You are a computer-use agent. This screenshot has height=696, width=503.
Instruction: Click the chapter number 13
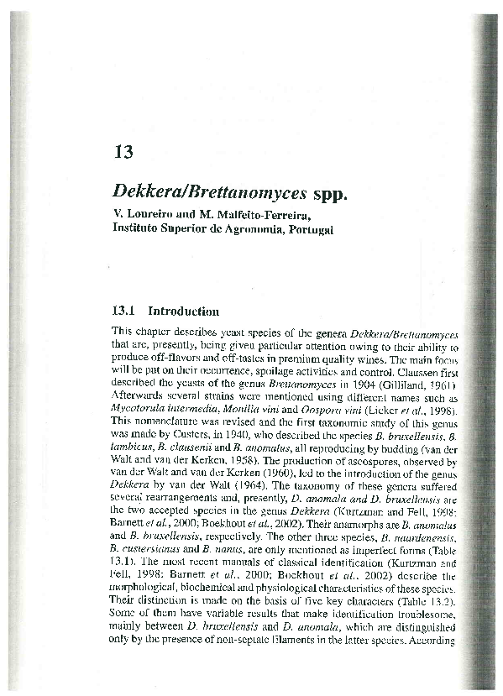123,152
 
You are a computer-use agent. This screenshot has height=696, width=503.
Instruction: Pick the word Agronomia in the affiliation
241,229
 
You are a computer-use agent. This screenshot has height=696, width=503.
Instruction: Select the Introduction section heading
183,311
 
